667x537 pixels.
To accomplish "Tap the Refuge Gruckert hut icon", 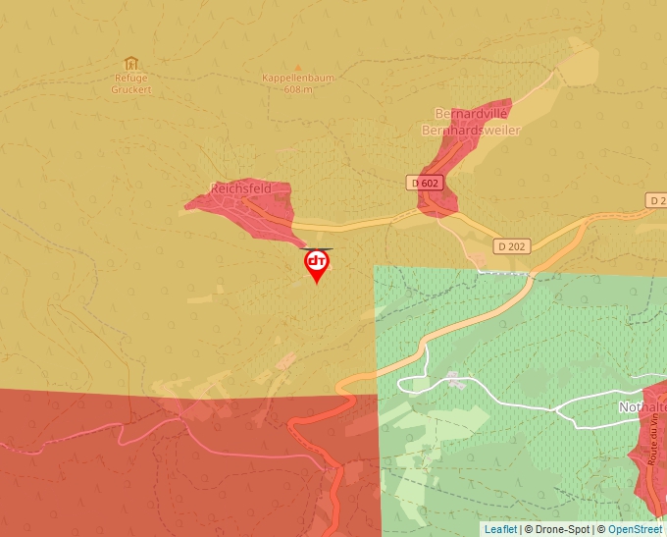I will tap(130, 64).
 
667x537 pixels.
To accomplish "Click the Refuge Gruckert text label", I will tap(130, 82).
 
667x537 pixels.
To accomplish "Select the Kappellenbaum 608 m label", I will tap(287, 83).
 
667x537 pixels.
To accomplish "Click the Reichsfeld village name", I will tap(240, 188).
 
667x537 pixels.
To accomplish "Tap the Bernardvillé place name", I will tap(471, 114).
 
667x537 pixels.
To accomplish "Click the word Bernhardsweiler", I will tap(471, 130).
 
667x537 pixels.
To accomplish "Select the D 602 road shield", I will tap(425, 183).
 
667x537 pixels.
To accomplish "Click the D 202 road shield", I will tap(511, 245).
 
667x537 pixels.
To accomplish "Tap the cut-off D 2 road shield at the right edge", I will tap(657, 199).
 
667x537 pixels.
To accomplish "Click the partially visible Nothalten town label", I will tap(641, 405).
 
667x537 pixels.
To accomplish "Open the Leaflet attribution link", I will tap(500, 529).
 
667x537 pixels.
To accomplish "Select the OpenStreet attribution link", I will tap(635, 529).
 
